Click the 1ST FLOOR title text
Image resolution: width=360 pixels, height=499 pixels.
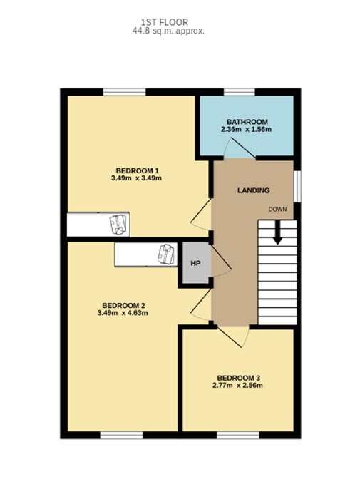tap(165, 22)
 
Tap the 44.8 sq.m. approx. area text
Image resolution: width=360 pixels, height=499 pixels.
tap(168, 31)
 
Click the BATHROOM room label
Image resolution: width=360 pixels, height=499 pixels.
tap(247, 122)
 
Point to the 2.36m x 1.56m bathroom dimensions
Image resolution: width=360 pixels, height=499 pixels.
tap(246, 130)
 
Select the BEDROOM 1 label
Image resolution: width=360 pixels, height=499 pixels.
tap(137, 170)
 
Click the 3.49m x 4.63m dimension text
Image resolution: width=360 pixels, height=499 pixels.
tap(123, 313)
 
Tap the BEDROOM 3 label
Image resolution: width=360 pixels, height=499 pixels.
tap(238, 378)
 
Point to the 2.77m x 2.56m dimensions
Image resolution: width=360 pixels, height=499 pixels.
tap(237, 386)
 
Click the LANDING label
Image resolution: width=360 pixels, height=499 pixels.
tap(253, 190)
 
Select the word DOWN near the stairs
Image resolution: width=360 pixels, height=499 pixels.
tap(277, 210)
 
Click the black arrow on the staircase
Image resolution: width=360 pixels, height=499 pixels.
tap(277, 232)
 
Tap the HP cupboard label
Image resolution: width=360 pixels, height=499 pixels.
tap(195, 264)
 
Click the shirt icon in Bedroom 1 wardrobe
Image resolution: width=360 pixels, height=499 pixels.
tap(118, 225)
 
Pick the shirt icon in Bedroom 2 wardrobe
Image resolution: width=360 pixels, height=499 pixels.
tap(166, 254)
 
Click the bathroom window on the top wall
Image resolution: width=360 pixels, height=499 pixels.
tap(240, 92)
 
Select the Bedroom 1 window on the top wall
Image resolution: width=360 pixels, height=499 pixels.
tap(125, 92)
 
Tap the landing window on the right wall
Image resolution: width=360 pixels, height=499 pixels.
tap(297, 187)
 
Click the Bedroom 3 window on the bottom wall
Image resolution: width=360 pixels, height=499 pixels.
tap(238, 435)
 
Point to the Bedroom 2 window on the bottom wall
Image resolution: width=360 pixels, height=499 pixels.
tap(121, 435)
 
